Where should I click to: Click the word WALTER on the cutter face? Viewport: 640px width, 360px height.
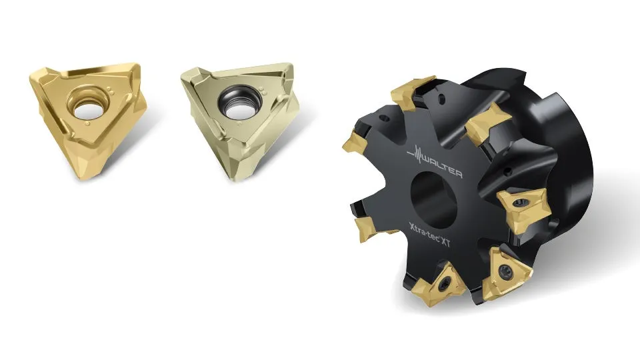coord(442,167)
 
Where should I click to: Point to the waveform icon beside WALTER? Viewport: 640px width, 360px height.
coord(416,154)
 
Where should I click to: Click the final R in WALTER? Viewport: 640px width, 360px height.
coord(459,174)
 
